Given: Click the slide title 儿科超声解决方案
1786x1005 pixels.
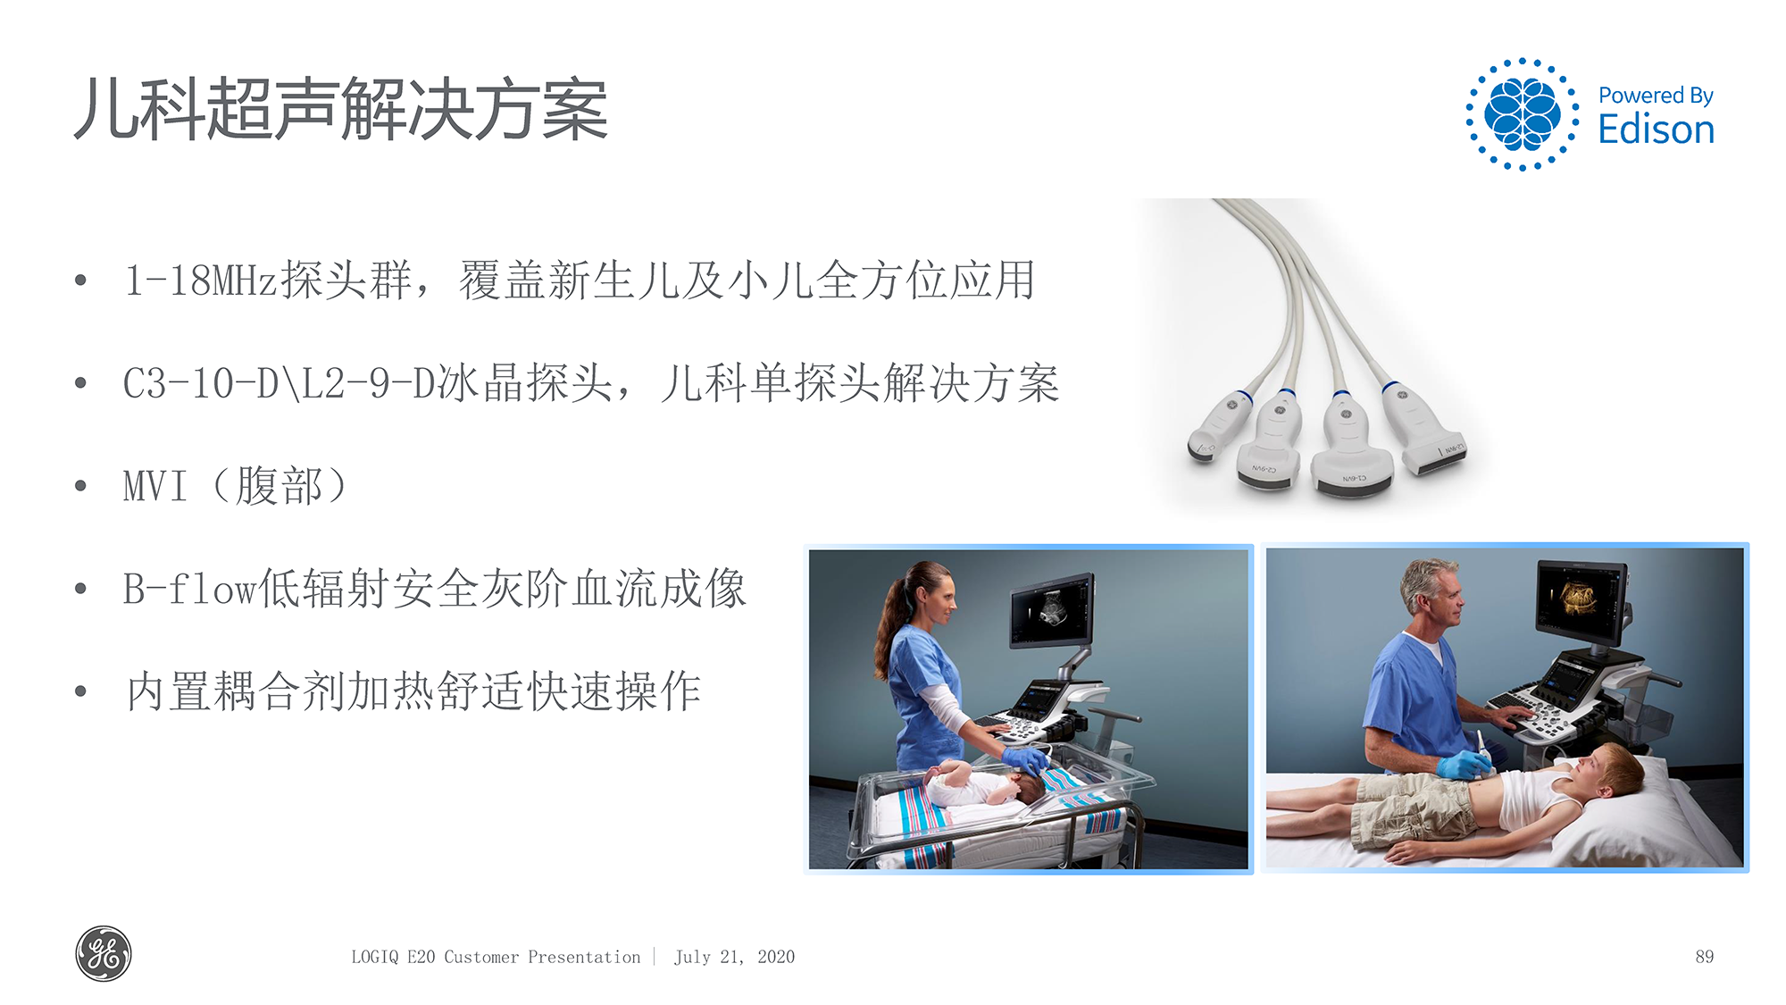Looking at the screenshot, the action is tap(341, 110).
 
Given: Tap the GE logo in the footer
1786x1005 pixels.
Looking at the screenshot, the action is tap(104, 954).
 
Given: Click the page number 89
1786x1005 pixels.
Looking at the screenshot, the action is tap(1704, 957).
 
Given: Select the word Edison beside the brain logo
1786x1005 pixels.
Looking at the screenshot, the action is tap(1656, 130).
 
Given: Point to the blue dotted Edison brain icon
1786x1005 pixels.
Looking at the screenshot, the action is tap(1522, 114).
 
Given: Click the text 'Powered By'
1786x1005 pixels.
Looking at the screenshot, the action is tap(1656, 96).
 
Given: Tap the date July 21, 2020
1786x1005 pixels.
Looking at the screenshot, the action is tap(734, 957).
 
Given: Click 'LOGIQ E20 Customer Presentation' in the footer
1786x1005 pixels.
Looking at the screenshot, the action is tap(496, 957).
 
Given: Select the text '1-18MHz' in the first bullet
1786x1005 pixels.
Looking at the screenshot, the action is tap(201, 281).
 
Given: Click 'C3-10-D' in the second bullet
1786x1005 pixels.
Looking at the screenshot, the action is tap(201, 384).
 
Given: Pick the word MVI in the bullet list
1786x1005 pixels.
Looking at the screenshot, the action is tap(155, 487).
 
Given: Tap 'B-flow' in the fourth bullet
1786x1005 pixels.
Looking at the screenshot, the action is tap(189, 590).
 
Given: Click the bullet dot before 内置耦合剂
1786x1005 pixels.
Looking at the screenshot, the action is tap(81, 691).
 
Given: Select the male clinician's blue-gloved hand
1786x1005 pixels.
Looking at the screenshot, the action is tap(1465, 765).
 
